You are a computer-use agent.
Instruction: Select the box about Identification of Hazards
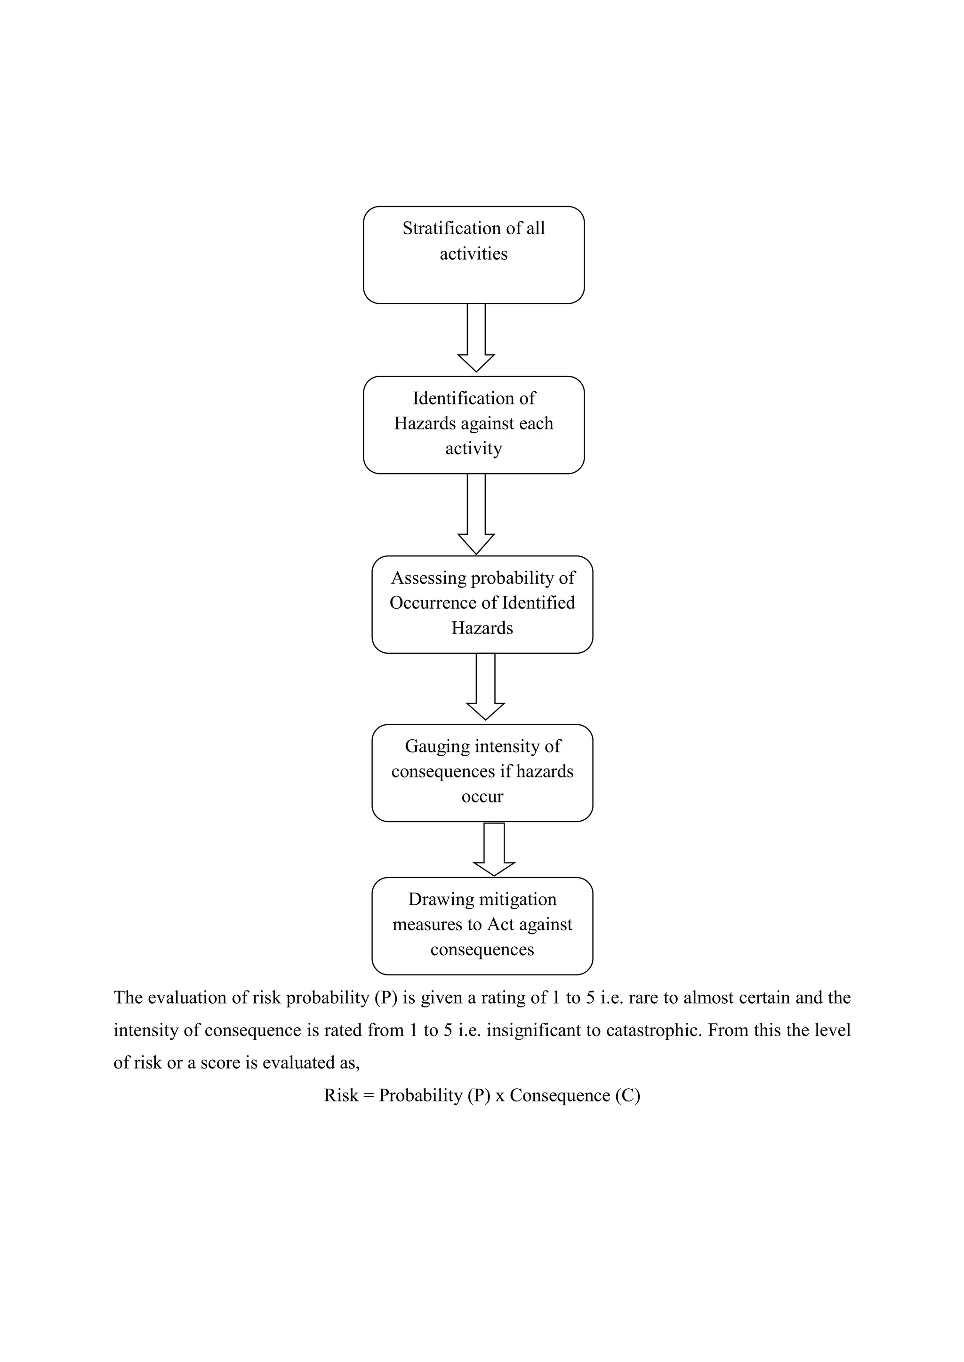(474, 425)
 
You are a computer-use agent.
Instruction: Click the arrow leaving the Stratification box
(476, 338)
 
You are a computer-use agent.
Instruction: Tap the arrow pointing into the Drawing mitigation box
(494, 849)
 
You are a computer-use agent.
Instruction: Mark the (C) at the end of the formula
(627, 1095)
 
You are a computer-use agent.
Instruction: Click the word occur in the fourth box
(482, 797)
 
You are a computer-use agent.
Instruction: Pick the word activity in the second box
(474, 449)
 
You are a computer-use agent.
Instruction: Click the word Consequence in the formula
(559, 1095)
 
